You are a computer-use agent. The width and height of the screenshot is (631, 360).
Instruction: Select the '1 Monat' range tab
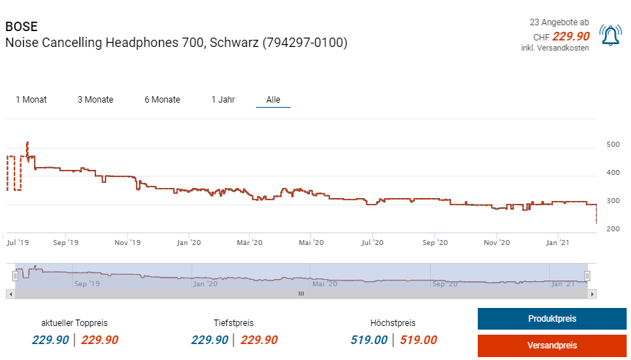tap(31, 100)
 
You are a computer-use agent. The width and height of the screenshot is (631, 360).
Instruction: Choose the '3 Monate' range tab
tap(95, 100)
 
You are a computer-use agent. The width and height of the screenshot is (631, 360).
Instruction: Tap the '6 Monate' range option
tap(163, 100)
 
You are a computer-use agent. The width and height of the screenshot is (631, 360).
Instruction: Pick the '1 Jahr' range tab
tap(223, 100)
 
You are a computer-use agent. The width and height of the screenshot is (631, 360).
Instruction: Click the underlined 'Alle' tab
tap(273, 100)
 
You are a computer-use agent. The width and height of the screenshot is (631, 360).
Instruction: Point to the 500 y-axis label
tap(613, 145)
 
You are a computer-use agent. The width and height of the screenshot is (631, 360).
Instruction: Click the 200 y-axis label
tap(613, 229)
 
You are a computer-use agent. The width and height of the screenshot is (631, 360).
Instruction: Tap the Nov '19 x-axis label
tap(127, 243)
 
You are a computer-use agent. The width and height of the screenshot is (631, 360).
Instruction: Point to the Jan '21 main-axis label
tap(557, 243)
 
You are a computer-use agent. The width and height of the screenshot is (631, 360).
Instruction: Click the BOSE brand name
tap(21, 27)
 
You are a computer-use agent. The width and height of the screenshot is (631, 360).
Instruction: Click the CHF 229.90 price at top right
tap(571, 37)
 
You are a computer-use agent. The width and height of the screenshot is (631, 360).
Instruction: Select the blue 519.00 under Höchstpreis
tap(369, 340)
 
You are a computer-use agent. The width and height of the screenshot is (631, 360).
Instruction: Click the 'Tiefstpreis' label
tap(233, 323)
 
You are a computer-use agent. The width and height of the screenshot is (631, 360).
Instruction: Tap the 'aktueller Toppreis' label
tap(75, 323)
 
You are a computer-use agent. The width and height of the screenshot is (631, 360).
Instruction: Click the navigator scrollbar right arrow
tap(592, 294)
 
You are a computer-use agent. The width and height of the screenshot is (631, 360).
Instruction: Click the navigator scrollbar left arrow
tap(10, 294)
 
